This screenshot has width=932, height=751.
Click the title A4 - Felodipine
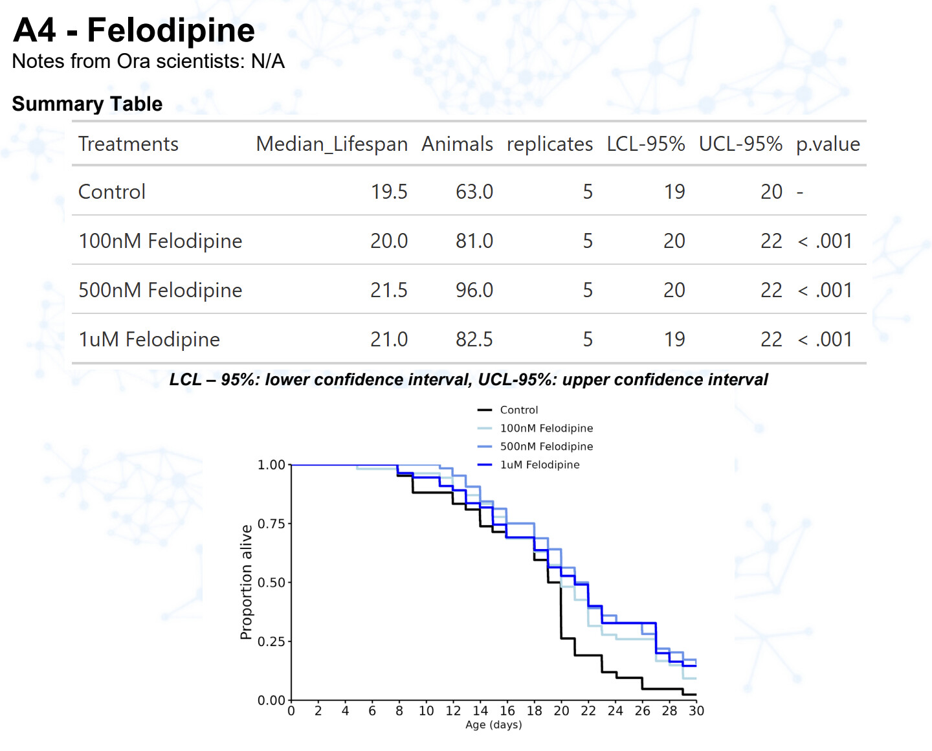[134, 30]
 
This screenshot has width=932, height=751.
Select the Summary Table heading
[87, 104]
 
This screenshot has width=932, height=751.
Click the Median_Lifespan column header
[331, 144]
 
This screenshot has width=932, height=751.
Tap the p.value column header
[828, 144]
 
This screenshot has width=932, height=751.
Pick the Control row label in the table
[112, 192]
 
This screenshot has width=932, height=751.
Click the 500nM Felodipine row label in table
[160, 290]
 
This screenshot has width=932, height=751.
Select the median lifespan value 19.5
[389, 192]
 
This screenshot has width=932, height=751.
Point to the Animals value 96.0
[474, 290]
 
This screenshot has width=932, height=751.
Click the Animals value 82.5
[474, 339]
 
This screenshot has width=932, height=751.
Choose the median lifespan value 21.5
[389, 290]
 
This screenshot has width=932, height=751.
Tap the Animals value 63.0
[474, 192]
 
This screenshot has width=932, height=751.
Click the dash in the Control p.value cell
[800, 192]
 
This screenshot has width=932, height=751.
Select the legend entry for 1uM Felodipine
[539, 465]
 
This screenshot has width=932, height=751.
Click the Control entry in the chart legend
[518, 410]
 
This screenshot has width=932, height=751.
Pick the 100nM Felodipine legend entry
[546, 428]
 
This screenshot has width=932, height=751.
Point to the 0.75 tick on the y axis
[271, 524]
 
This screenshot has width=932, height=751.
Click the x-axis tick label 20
[561, 711]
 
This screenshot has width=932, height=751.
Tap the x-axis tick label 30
[696, 711]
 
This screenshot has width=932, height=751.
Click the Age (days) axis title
[494, 725]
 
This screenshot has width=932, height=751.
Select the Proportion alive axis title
[246, 582]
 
